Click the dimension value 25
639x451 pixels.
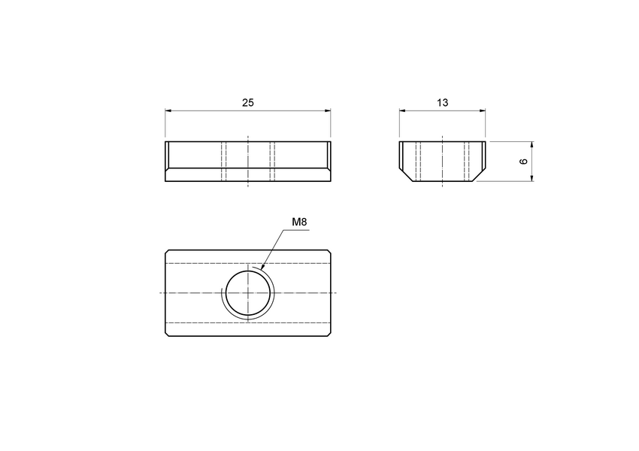coord(247,103)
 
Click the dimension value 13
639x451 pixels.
coord(442,103)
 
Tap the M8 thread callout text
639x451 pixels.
coord(299,222)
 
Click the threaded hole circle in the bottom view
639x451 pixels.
coord(247,292)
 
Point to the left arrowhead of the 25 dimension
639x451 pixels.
coord(168,111)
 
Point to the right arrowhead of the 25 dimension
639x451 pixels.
coord(327,111)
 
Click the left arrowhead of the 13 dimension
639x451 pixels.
coord(402,111)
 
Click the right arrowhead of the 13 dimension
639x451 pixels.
coord(482,111)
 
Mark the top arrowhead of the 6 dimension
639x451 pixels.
coord(531,144)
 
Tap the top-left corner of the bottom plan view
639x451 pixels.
coord(166,250)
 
